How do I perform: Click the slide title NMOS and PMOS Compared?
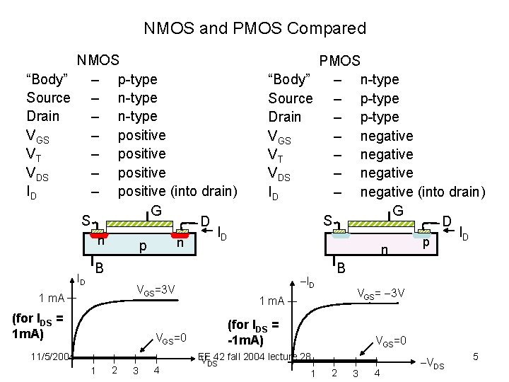[x=255, y=28]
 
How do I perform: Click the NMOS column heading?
[x=98, y=61]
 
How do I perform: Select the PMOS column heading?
[x=340, y=62]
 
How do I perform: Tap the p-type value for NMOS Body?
[x=138, y=79]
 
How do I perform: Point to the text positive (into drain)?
[x=177, y=191]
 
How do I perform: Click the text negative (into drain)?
[x=423, y=192]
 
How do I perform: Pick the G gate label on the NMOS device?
[x=156, y=211]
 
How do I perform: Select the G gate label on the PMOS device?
[x=398, y=211]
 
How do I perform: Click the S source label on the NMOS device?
[x=85, y=221]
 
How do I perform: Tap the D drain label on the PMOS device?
[x=447, y=222]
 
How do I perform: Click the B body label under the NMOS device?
[x=100, y=268]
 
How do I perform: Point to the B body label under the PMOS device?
[x=341, y=268]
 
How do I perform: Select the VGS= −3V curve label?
[x=381, y=292]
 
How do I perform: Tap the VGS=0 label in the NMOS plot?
[x=170, y=337]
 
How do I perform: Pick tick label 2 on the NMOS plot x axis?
[x=115, y=371]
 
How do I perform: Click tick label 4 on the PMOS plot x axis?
[x=378, y=373]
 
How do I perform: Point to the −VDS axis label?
[x=433, y=364]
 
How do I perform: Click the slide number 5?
[x=476, y=357]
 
